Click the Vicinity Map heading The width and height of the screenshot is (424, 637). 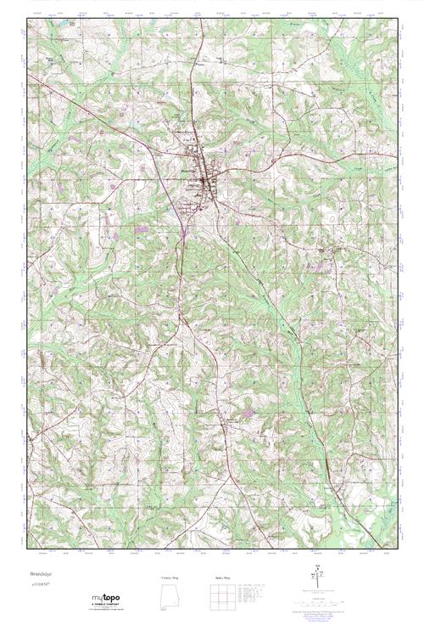click(x=170, y=578)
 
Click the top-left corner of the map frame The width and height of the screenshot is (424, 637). click(x=26, y=18)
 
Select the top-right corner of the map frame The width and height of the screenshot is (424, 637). click(x=397, y=18)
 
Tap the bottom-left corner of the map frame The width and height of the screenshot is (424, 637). click(x=26, y=557)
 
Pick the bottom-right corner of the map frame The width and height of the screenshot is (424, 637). click(x=397, y=557)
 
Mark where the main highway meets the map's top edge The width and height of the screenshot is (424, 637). click(x=200, y=18)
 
